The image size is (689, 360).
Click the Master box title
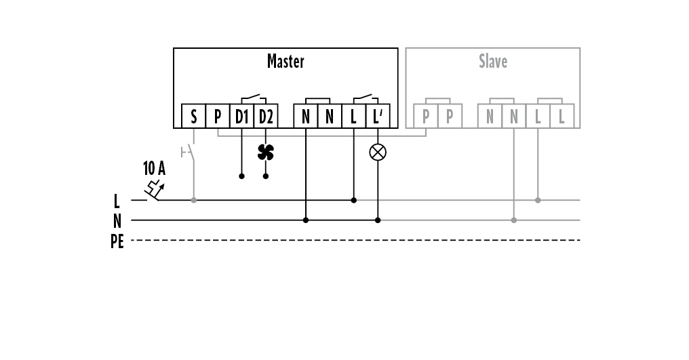click(286, 62)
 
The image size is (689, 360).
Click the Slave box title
click(493, 62)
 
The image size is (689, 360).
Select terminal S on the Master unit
click(194, 117)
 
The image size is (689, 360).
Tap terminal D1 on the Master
click(242, 117)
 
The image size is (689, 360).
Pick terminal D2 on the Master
click(266, 117)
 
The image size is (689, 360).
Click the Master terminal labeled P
click(218, 117)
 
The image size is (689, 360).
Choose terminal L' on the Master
click(378, 117)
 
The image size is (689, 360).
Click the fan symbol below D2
click(266, 152)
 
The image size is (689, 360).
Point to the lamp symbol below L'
click(378, 152)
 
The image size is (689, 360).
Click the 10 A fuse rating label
click(154, 168)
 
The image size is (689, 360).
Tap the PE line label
click(117, 241)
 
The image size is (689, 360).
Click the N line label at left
click(117, 220)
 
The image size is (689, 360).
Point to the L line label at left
click(117, 201)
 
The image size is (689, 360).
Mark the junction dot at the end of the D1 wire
click(242, 176)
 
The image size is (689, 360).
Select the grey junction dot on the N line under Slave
click(514, 220)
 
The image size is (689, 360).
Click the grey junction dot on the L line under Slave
click(538, 200)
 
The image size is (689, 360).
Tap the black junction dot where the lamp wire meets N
click(378, 220)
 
